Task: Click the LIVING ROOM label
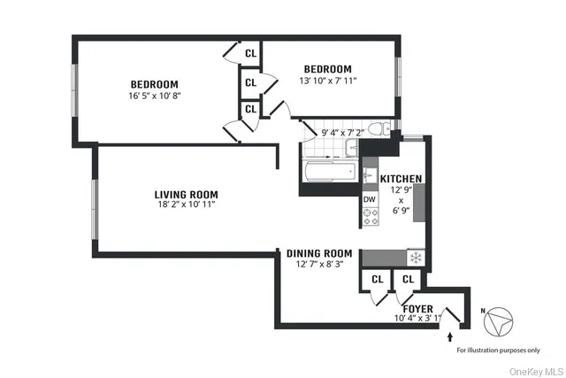(x=186, y=195)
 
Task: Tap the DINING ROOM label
(x=319, y=253)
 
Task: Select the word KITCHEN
(x=401, y=179)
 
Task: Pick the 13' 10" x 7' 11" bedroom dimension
(x=327, y=81)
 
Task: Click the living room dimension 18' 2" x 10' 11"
(x=186, y=205)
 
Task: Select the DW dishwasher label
(x=370, y=199)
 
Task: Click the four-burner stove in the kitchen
(x=370, y=218)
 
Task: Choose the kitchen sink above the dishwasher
(x=370, y=174)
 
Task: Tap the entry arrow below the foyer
(x=451, y=337)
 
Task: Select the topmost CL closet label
(x=250, y=53)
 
